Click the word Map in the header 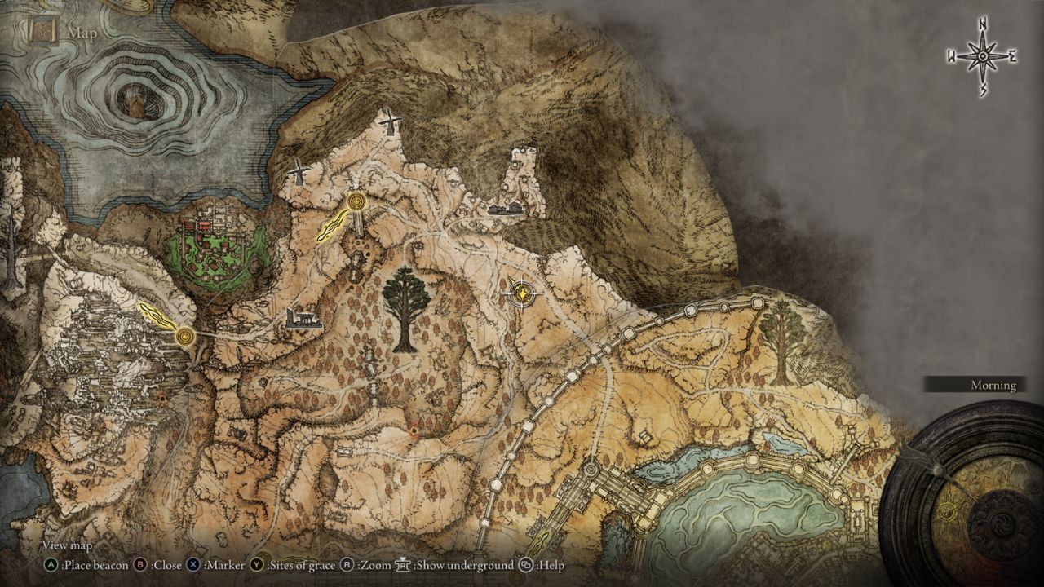pyautogui.click(x=82, y=33)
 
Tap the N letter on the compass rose pyautogui.click(x=983, y=25)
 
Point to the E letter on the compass pyautogui.click(x=1012, y=56)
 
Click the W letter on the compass pyautogui.click(x=952, y=56)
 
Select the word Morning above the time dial pyautogui.click(x=993, y=385)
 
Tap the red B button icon pyautogui.click(x=139, y=564)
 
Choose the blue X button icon pyautogui.click(x=193, y=564)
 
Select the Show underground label pyautogui.click(x=464, y=564)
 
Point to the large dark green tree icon pyautogui.click(x=405, y=306)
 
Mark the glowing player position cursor pyautogui.click(x=520, y=293)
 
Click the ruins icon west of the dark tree pyautogui.click(x=303, y=320)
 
